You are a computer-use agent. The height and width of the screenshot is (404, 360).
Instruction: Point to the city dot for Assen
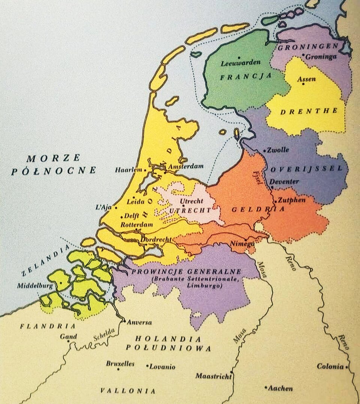tap(303, 84)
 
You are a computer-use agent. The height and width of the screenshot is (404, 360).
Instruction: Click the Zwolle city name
tap(278, 150)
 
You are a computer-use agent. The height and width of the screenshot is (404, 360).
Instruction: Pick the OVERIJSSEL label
tap(306, 169)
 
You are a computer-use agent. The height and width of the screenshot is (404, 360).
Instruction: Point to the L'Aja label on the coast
tap(104, 207)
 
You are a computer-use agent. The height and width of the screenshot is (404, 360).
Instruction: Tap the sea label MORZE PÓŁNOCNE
tap(54, 164)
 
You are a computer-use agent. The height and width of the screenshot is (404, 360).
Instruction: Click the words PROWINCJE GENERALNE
tap(186, 271)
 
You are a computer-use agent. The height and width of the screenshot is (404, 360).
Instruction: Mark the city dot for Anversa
tap(124, 321)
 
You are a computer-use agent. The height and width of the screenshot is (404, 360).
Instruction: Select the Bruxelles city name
tap(120, 364)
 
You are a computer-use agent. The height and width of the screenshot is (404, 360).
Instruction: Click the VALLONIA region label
tap(128, 391)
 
